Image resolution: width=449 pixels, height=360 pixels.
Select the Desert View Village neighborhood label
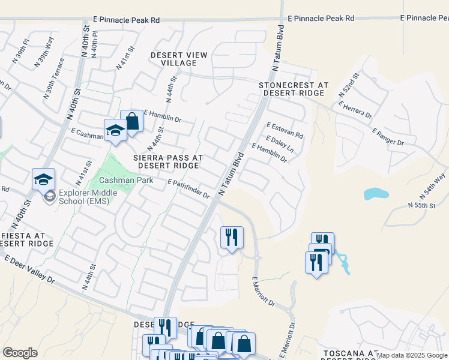(179, 59)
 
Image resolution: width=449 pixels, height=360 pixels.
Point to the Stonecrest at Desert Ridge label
(294, 89)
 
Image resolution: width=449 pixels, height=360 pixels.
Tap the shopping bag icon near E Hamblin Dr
(131, 122)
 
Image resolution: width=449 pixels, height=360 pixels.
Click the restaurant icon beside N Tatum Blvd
(231, 237)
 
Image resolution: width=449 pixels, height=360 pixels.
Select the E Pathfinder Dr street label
(188, 188)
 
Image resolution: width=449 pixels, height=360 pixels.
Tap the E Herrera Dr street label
(355, 109)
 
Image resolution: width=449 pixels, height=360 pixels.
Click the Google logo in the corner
(20, 353)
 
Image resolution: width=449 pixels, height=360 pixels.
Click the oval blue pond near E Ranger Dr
(376, 194)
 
